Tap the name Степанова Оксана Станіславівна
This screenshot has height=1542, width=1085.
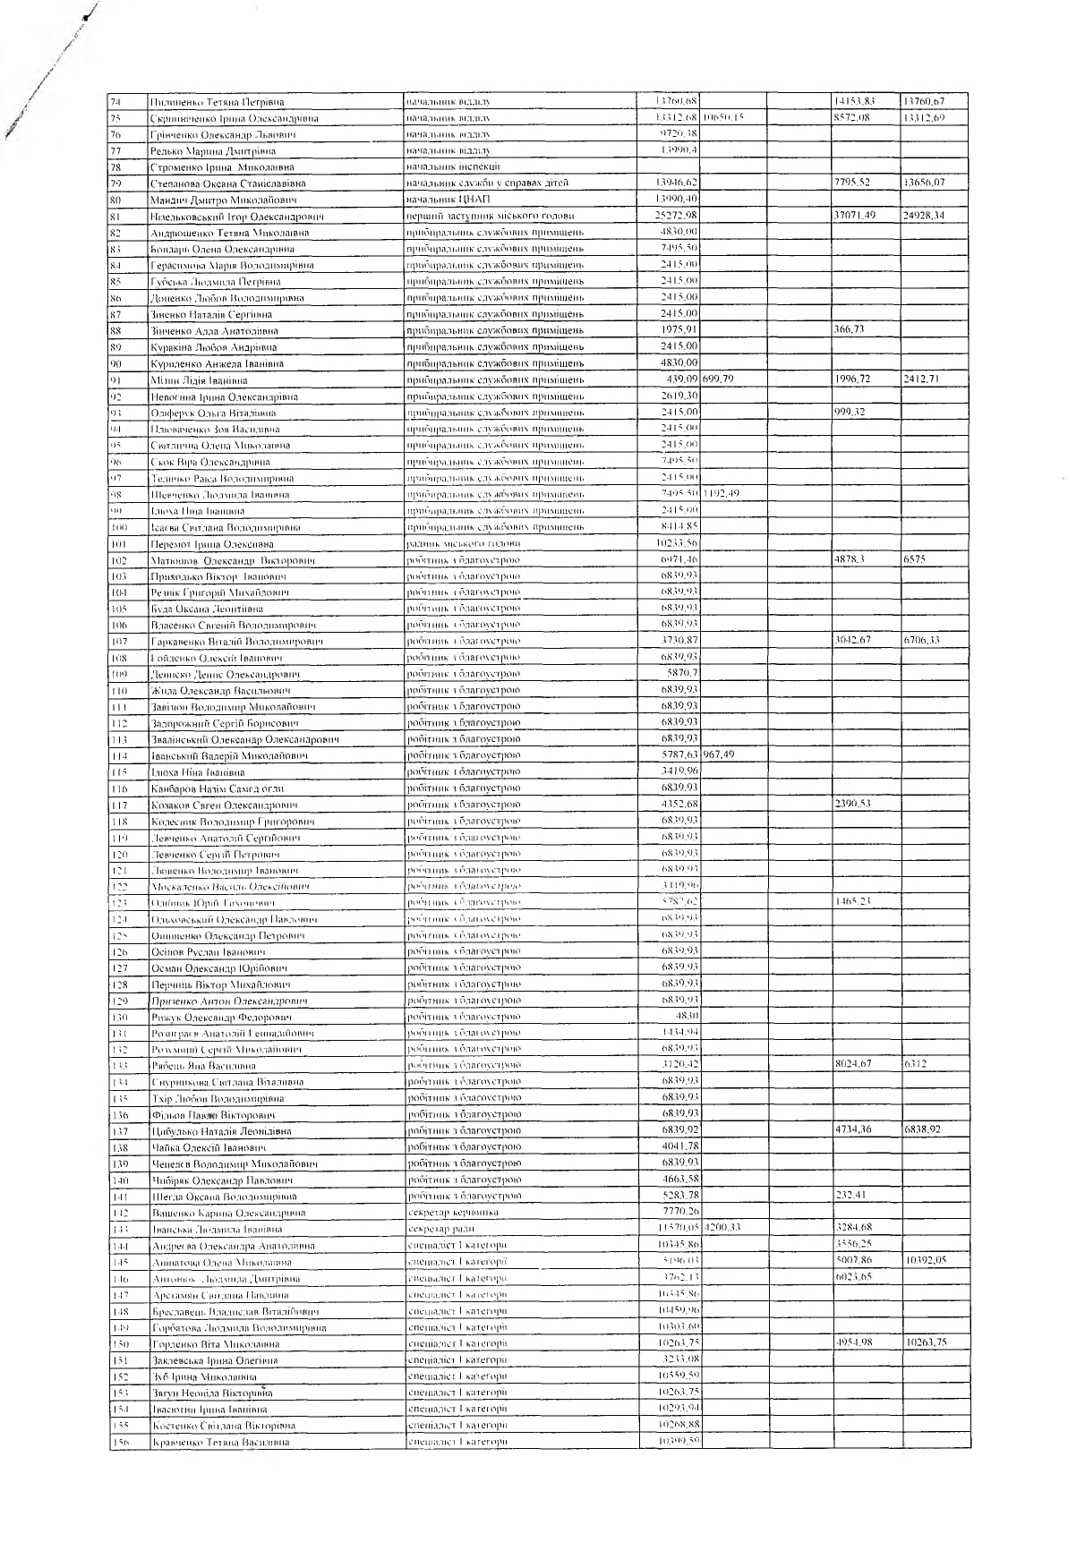click(228, 183)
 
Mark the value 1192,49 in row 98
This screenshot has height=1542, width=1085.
click(722, 494)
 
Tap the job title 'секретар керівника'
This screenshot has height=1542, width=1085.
click(453, 1213)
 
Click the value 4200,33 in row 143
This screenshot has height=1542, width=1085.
click(722, 1228)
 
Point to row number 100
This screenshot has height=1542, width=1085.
click(120, 527)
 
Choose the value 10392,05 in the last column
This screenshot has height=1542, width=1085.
click(926, 1260)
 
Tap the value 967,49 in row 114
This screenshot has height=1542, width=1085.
click(719, 755)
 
